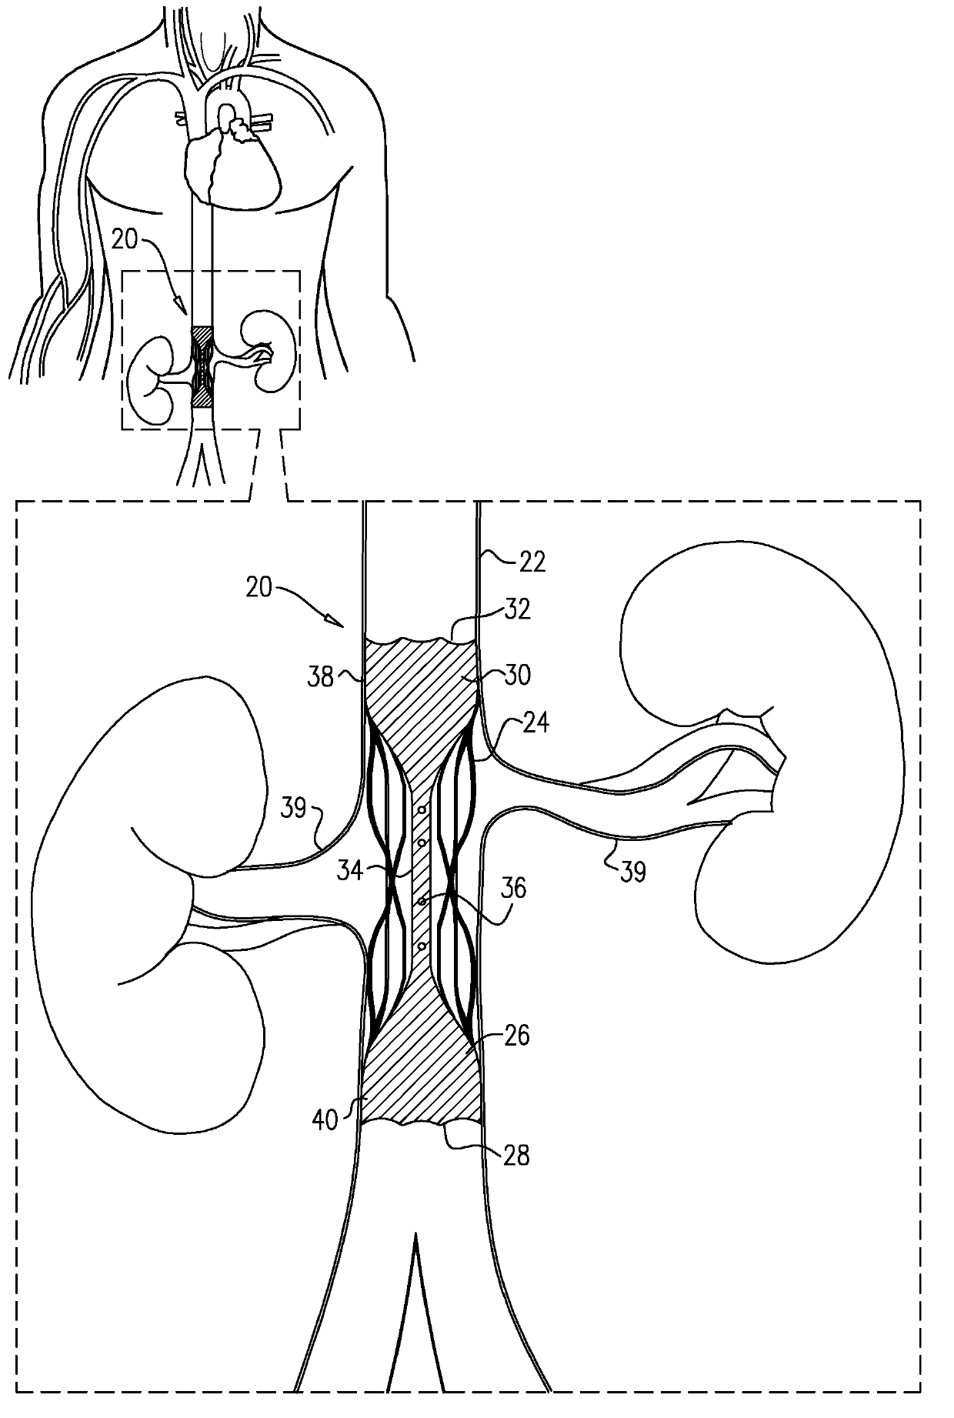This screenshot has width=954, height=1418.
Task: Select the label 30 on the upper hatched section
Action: [519, 675]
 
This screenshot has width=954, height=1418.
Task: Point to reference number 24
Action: [535, 723]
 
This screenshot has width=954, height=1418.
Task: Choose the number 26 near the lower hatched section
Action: [517, 1036]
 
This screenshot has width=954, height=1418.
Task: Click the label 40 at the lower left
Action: [326, 1119]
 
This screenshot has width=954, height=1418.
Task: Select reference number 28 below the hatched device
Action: [515, 1156]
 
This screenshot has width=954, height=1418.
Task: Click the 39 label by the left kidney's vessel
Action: [293, 809]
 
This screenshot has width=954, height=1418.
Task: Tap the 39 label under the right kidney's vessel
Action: [632, 872]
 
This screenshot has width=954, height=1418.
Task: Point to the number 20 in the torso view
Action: [125, 240]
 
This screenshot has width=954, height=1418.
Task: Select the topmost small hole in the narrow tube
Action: [422, 809]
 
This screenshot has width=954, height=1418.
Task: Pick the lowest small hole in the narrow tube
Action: [422, 946]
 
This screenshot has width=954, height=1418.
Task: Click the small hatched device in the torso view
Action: [201, 366]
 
